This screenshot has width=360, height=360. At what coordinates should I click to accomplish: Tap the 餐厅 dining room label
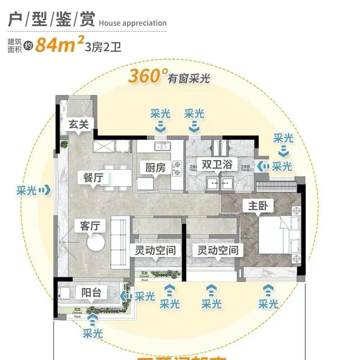pos(89,177)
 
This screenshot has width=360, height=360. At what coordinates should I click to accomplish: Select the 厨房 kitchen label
pos(155,167)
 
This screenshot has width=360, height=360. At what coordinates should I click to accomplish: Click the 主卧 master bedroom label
pos(261,206)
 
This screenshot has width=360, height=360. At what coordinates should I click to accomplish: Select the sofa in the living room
pos(121,242)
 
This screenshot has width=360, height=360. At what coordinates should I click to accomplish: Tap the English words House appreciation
pos(132,23)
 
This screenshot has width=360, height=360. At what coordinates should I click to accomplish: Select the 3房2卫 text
pos(103,47)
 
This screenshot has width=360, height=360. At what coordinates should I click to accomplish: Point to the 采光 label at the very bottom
pos(93,333)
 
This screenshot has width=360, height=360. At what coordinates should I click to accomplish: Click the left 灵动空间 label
pos(155,250)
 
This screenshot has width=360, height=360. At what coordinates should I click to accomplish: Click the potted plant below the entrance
pos(64,145)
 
